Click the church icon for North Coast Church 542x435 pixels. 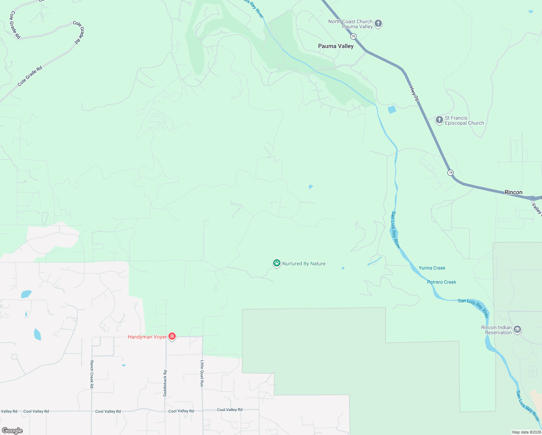tap(378, 24)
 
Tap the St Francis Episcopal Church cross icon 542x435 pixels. tap(439, 120)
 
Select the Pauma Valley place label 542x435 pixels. tap(335, 46)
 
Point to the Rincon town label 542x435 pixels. tap(513, 192)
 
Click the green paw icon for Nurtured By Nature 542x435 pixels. tap(277, 264)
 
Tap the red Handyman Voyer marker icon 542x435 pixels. tap(172, 337)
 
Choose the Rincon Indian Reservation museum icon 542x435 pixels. tap(517, 330)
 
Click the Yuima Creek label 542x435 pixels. tap(432, 268)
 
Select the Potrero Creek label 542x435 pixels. tap(441, 282)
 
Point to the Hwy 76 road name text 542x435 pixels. tap(414, 94)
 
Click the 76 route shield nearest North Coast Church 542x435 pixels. tap(353, 36)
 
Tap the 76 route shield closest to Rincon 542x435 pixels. tap(450, 173)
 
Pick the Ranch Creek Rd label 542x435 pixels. tap(92, 374)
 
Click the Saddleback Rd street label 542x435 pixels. tap(165, 383)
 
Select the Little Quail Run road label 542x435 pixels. tap(202, 373)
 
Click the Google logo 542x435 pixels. tap(12, 431)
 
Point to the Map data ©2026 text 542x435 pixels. tap(526, 432)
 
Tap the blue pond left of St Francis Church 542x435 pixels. tap(392, 109)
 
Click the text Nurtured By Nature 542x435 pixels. tap(304, 264)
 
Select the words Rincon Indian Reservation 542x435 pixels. tap(496, 330)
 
